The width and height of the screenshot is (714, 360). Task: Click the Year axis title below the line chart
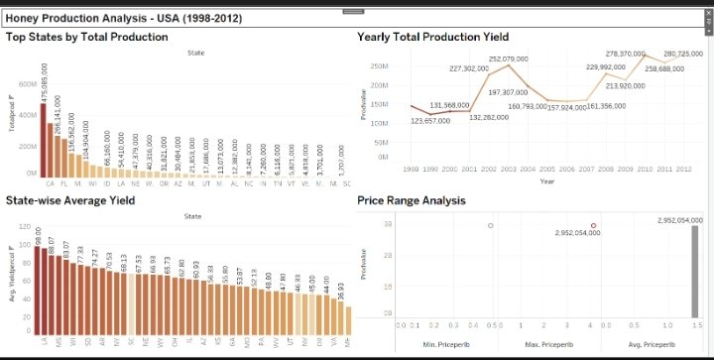point(546,180)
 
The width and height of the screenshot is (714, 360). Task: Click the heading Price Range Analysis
point(411,199)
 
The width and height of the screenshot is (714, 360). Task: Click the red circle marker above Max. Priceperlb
point(594,226)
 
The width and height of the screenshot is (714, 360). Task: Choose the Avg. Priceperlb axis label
point(650,344)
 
